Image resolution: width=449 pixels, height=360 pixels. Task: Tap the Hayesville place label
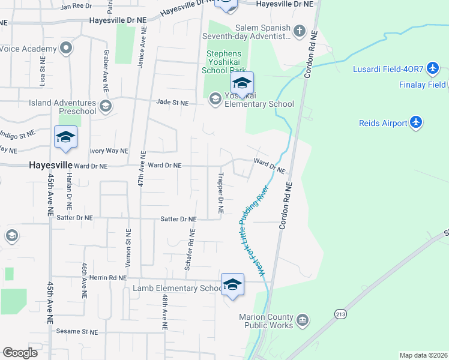point(51,164)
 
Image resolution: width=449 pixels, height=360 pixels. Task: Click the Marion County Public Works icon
point(303,319)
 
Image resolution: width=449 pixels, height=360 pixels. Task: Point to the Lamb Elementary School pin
point(232,285)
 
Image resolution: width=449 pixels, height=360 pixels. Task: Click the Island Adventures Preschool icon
point(106,107)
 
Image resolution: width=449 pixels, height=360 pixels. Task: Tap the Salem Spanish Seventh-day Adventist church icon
point(299,31)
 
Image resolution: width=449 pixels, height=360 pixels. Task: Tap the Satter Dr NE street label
point(179,219)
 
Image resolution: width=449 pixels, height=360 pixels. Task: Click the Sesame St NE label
point(77,331)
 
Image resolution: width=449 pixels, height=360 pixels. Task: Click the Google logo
point(20,352)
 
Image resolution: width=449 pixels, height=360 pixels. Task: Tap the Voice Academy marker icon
point(67,47)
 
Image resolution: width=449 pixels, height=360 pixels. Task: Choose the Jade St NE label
point(172,103)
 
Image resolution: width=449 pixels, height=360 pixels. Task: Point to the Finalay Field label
point(423,85)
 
